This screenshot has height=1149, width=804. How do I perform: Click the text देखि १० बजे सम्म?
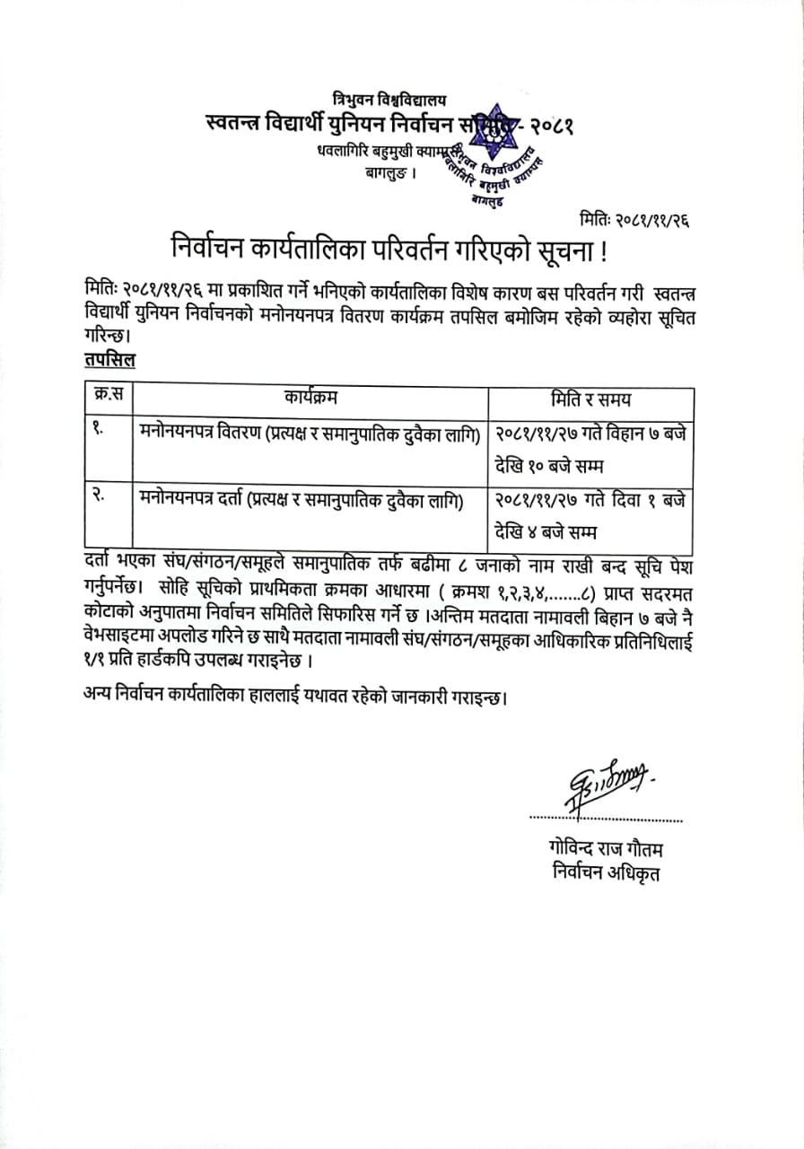pos(546,466)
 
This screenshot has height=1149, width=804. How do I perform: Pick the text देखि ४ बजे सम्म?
pos(545,532)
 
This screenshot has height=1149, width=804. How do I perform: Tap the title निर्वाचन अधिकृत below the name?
pos(606,873)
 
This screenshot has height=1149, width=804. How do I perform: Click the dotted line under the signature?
pos(606,819)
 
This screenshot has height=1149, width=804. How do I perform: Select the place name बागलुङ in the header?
pos(389,171)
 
